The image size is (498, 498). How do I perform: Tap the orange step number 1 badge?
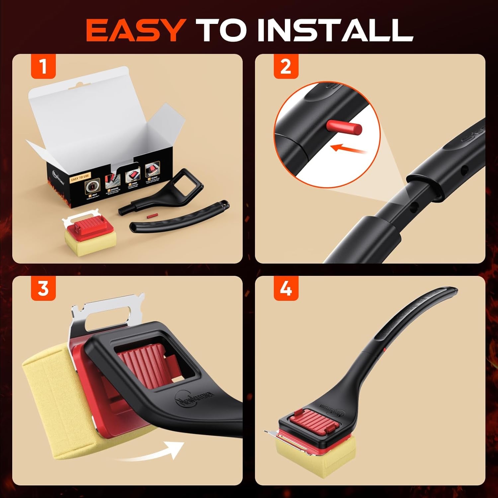click(x=43, y=66)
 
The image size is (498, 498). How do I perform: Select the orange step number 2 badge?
click(x=286, y=66)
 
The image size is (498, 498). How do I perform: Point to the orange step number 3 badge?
click(x=43, y=288)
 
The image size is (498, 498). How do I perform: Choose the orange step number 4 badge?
click(x=286, y=288)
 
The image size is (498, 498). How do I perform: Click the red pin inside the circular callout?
click(x=344, y=127)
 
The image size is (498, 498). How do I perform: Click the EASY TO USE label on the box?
click(x=80, y=178)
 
